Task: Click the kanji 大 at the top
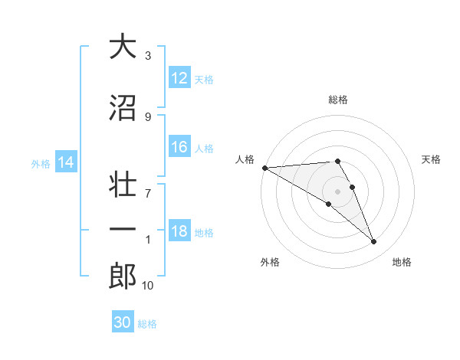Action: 123,47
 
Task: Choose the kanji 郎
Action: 123,275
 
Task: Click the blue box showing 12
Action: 179,78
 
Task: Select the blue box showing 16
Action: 179,148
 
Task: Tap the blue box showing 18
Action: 179,232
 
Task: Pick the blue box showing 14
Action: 65,162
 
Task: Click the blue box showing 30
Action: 123,322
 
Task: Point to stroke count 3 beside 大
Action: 148,56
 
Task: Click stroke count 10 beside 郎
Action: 148,286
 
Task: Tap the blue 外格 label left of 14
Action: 41,163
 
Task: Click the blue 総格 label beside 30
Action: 148,324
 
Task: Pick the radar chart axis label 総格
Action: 337,100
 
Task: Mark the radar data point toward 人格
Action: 264,168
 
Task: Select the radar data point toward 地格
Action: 373,242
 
